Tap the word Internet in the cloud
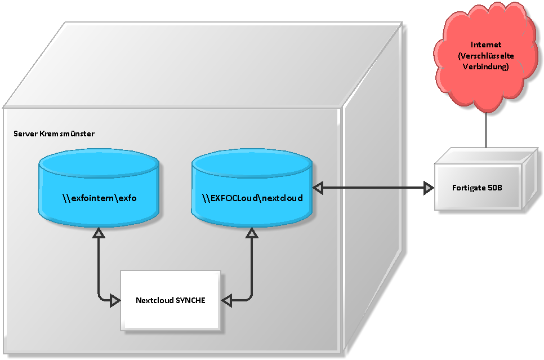tap(485, 45)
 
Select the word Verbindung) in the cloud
tap(485, 66)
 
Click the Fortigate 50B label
tap(477, 188)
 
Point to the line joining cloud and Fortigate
tap(485, 130)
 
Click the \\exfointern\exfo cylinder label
tap(100, 198)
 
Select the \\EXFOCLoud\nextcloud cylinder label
tap(252, 198)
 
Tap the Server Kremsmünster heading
tap(53, 134)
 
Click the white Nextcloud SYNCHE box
tap(170, 300)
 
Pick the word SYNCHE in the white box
tap(190, 300)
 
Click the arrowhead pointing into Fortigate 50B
tap(429, 188)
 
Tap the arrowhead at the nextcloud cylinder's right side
tap(318, 188)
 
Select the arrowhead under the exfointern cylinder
tap(99, 233)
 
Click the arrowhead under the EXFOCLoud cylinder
tap(252, 233)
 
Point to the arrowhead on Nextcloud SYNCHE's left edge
tap(115, 300)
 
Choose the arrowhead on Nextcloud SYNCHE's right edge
tap(226, 300)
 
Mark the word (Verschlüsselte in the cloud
tap(485, 56)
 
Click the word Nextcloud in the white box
tap(154, 300)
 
